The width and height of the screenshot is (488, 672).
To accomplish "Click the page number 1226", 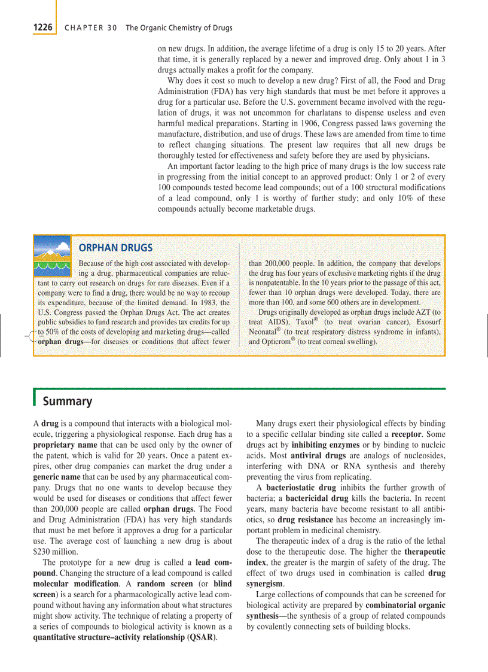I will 42,27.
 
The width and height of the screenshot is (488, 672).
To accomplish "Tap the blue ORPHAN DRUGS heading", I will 115,248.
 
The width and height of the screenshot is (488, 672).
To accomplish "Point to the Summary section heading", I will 67,401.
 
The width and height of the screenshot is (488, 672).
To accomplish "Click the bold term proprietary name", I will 65,445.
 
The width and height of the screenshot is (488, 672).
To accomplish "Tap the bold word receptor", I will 406,434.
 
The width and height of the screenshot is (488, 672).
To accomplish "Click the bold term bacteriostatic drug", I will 301,488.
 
